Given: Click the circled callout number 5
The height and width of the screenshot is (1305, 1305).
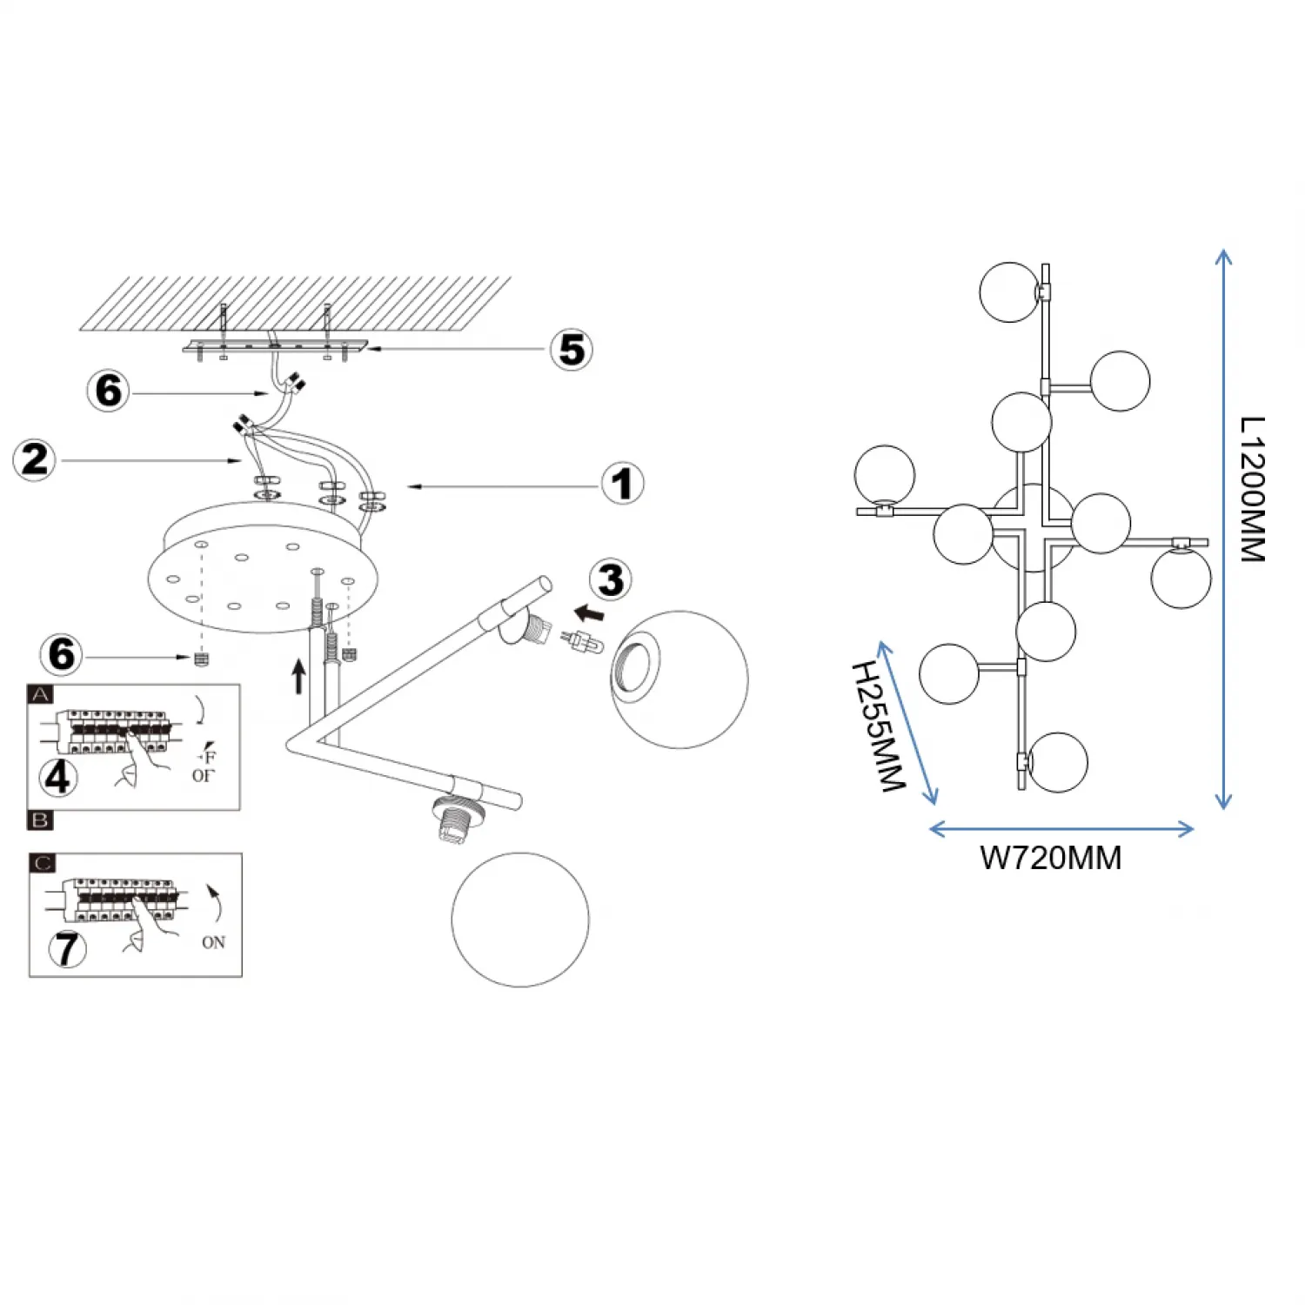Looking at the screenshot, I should coord(572,350).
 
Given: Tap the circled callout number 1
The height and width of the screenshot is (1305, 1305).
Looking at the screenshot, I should coord(622,484).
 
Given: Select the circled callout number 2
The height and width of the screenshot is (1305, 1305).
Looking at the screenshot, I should coord(35,459).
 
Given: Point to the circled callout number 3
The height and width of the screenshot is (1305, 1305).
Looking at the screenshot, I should coord(611,580).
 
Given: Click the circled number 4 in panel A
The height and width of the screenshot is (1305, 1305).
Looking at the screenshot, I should coord(57,777).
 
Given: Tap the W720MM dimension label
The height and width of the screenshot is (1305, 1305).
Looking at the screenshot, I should coord(1050,858).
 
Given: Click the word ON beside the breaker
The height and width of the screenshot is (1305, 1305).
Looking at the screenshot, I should coord(213,942).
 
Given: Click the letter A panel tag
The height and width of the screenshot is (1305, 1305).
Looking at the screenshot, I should coord(41,694).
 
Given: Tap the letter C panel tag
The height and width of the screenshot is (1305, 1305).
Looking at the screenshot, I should coord(43,863).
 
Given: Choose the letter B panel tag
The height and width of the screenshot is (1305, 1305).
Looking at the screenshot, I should coord(41,820).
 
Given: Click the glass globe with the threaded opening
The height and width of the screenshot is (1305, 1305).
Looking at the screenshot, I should coord(679,679).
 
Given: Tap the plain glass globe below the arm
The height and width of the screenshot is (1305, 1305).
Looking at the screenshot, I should coord(520,920).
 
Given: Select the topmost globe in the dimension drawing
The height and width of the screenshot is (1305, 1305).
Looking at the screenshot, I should coord(1009,292).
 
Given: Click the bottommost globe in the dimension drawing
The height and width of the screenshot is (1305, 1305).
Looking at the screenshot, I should coord(1058,762).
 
